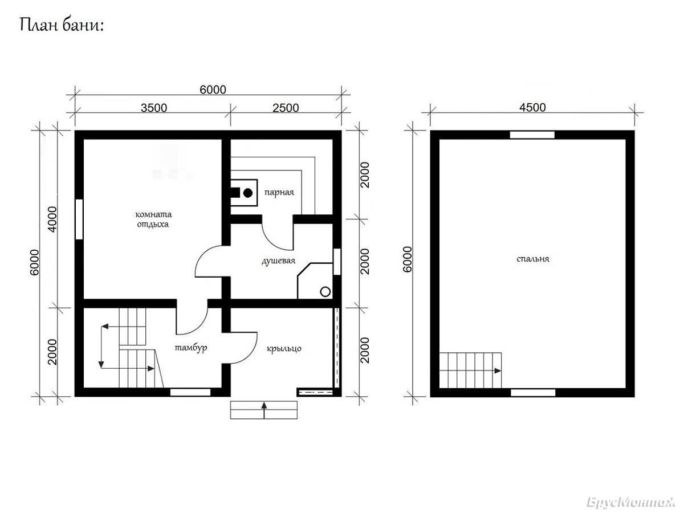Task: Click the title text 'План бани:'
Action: tap(62, 25)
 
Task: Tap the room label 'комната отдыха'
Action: tap(153, 219)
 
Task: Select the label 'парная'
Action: tap(279, 192)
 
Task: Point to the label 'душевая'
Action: tap(278, 260)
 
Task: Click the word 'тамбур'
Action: tap(191, 348)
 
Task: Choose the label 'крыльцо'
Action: tap(284, 348)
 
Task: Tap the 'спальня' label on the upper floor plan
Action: tap(533, 259)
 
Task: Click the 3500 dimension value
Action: tap(154, 108)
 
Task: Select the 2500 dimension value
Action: tap(286, 108)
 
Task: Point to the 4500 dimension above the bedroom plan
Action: tap(532, 108)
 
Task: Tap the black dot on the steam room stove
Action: tap(248, 193)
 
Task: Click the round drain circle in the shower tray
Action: tap(325, 292)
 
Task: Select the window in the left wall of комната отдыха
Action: tap(79, 219)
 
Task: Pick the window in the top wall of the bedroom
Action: tap(532, 135)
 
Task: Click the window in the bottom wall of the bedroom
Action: tap(533, 393)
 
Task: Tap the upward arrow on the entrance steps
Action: tap(264, 410)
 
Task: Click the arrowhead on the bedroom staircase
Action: tap(498, 370)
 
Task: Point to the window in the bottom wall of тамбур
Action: tap(190, 392)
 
